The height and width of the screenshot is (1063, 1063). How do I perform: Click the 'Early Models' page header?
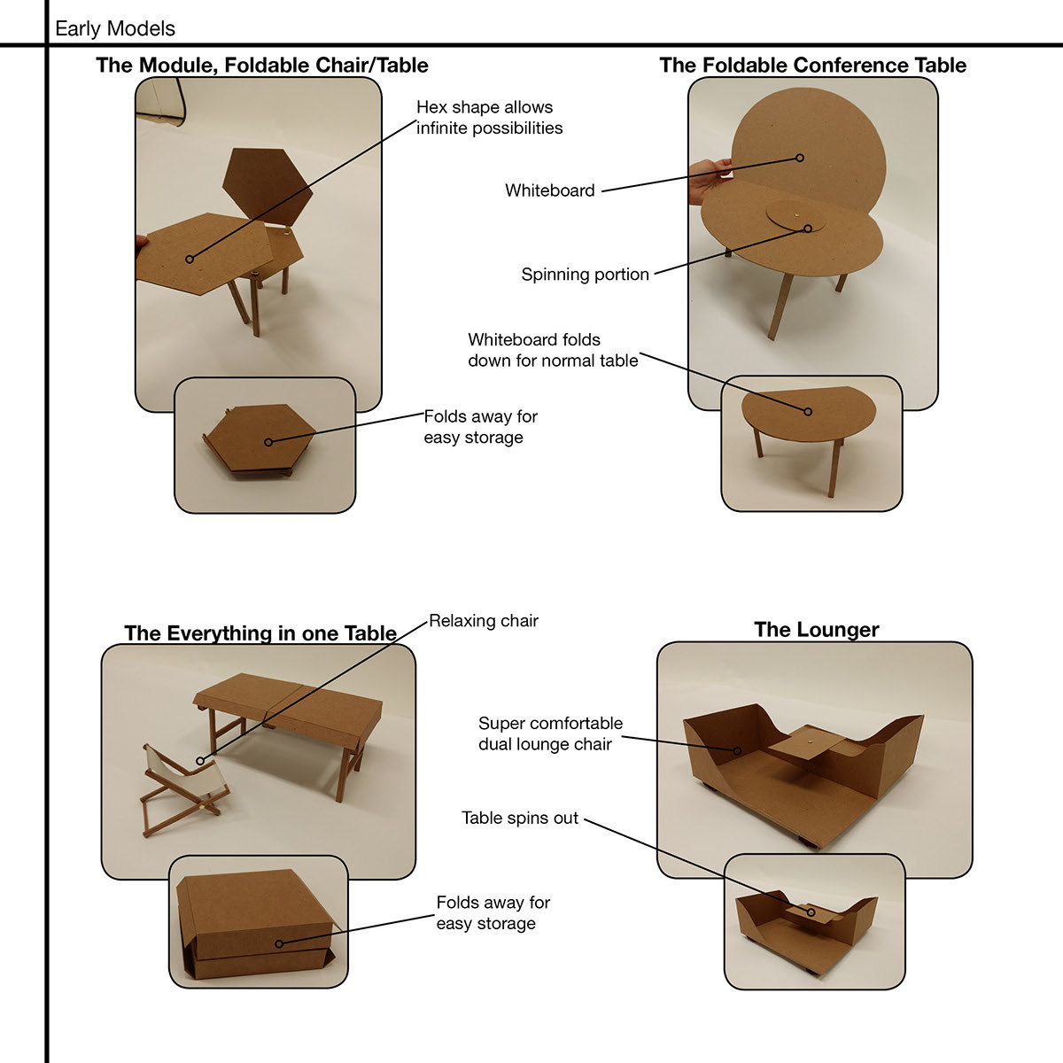click(x=115, y=28)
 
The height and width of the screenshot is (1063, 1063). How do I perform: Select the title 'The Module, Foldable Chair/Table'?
click(x=262, y=65)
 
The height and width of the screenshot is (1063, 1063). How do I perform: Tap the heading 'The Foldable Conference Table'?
click(x=812, y=65)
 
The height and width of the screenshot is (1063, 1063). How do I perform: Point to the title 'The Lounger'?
click(x=816, y=630)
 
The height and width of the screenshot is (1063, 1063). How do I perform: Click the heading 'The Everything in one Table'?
click(x=260, y=633)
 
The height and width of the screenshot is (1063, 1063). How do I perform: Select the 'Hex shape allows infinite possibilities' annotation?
click(x=489, y=118)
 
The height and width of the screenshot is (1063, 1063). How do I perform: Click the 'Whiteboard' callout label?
click(x=549, y=190)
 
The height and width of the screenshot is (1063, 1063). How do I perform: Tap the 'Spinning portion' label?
click(x=585, y=275)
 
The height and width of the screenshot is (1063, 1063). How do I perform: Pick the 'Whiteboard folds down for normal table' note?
click(x=553, y=350)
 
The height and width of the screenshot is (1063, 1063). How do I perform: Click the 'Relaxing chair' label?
click(x=484, y=621)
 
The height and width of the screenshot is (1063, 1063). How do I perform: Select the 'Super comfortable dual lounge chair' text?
click(x=550, y=733)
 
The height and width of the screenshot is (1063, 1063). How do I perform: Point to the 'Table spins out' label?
click(x=520, y=818)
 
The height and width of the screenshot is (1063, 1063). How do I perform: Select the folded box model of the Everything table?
click(x=257, y=926)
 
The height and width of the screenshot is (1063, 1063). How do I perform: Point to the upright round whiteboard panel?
click(x=806, y=142)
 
